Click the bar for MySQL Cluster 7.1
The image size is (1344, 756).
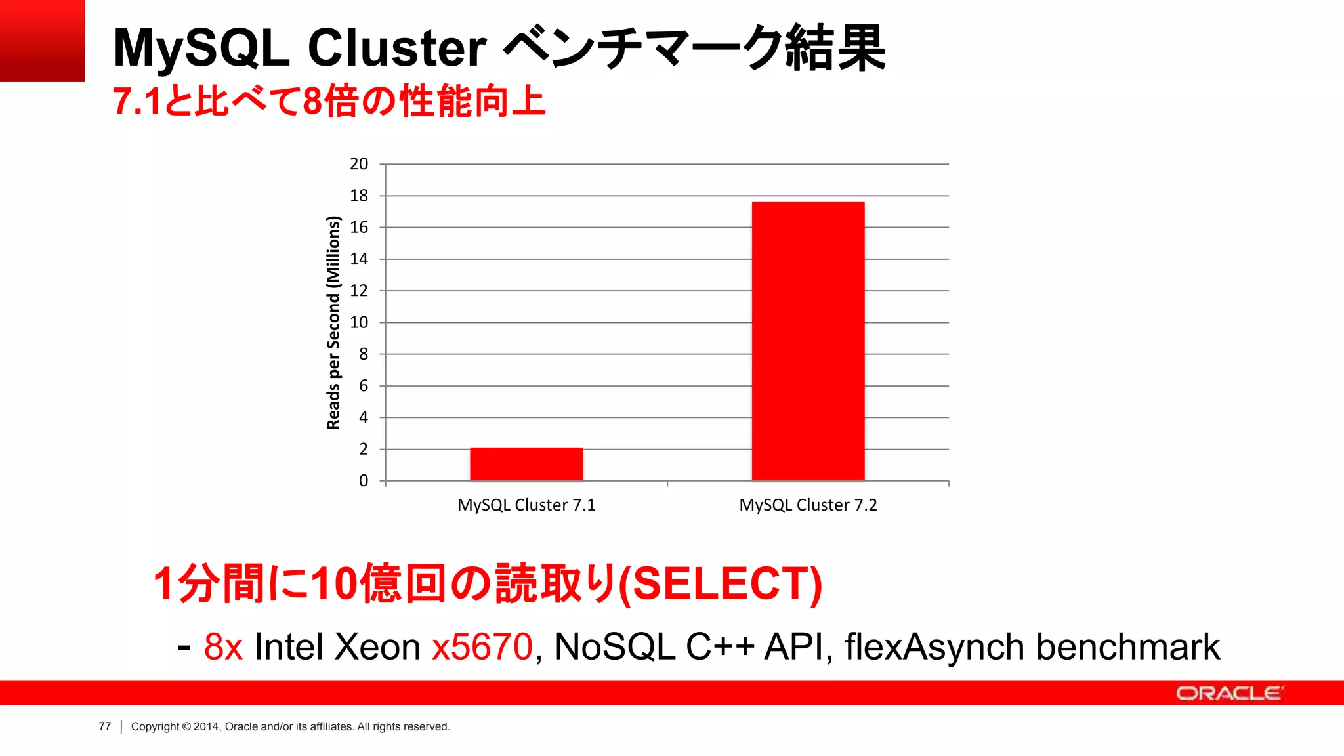[x=526, y=464]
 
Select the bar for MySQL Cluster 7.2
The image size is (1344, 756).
[x=808, y=341]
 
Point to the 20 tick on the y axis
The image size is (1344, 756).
[x=359, y=164]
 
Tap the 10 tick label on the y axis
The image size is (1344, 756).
[x=359, y=322]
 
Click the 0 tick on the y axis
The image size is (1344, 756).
[x=364, y=481]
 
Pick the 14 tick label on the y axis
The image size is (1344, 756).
[x=359, y=259]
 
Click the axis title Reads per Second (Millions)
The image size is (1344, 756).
[x=333, y=322]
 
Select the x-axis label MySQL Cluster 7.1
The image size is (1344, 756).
[x=526, y=505]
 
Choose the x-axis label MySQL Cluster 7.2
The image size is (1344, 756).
[x=808, y=505]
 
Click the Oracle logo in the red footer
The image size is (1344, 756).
[x=1228, y=693]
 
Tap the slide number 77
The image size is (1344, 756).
[x=105, y=726]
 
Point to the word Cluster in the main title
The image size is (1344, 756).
[x=397, y=48]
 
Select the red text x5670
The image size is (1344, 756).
[x=482, y=646]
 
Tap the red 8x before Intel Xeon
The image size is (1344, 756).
[x=223, y=646]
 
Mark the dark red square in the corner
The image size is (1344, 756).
[x=42, y=41]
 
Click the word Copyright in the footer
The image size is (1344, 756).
[x=155, y=726]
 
